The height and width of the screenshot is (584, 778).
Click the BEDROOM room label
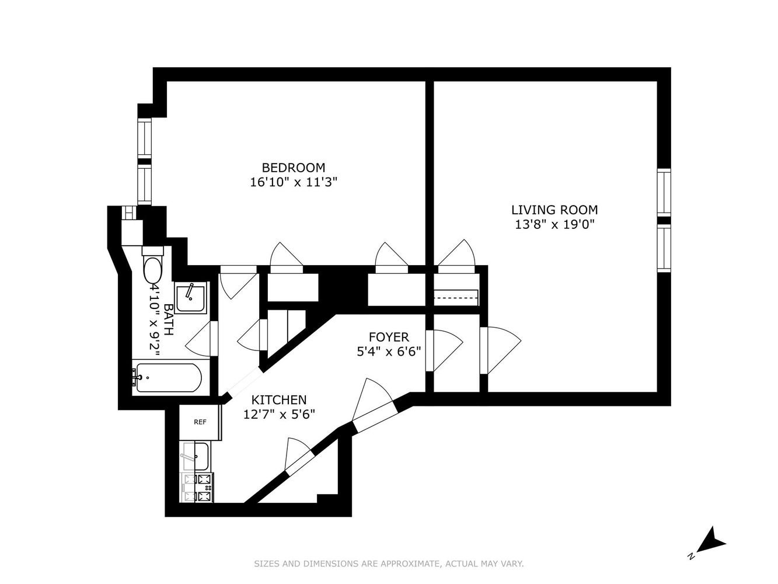point(293,168)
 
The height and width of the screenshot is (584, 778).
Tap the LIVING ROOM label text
point(554,210)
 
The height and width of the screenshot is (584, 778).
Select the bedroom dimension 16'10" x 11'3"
point(293,182)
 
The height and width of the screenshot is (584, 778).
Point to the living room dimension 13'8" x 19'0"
point(554,224)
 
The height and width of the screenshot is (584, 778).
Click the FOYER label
point(389,337)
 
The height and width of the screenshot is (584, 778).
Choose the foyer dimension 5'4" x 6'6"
point(389,352)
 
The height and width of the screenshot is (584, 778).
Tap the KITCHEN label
point(279,400)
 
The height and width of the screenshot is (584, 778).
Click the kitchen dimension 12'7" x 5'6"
point(279,415)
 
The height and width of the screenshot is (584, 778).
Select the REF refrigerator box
point(200,422)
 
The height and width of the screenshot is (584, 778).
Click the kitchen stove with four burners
point(197,488)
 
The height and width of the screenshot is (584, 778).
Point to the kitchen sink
point(196,456)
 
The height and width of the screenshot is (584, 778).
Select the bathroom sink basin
point(191,298)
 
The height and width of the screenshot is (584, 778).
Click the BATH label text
point(169,319)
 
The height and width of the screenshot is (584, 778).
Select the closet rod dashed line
point(456,297)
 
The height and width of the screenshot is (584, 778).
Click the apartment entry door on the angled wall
point(373,401)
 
